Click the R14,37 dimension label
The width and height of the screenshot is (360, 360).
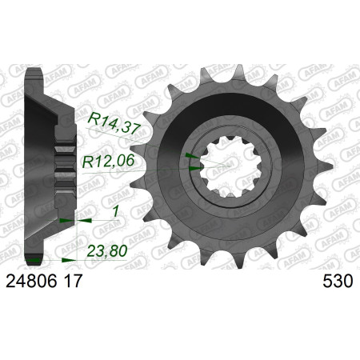point(114,123)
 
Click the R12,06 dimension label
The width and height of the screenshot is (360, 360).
point(108,162)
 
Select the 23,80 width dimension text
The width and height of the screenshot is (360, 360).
point(107,251)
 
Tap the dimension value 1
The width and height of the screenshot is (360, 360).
point(116,212)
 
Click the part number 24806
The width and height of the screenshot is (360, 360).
point(31,281)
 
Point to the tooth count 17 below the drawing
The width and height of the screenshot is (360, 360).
point(73,281)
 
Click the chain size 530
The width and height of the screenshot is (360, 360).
point(338,281)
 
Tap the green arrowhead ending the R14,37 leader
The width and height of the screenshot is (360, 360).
point(192,155)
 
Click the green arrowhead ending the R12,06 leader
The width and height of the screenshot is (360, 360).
point(195,168)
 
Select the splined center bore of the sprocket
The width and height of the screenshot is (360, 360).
point(231,166)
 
